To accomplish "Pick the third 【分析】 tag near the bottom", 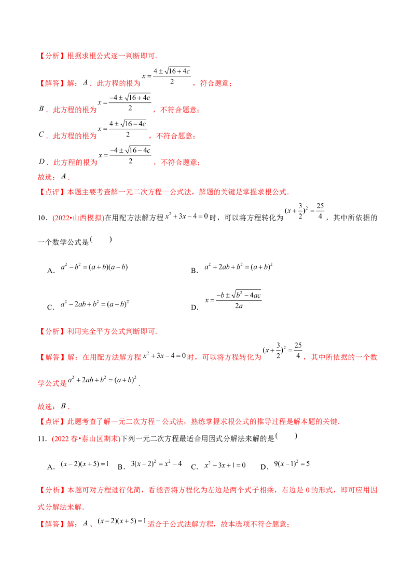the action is (x=51, y=490).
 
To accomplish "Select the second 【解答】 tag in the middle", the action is (x=51, y=357).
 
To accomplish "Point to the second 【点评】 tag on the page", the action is (x=51, y=421).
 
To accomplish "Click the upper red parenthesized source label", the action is (x=78, y=219).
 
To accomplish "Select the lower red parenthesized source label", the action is (x=86, y=439).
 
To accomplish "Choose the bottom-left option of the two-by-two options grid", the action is (x=93, y=303).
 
